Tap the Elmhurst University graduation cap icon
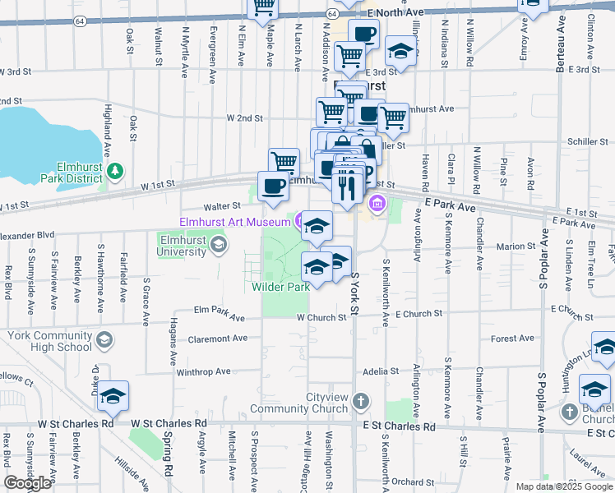(x=218, y=243)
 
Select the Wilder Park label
(x=280, y=286)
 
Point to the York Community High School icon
(x=104, y=339)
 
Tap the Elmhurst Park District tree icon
(x=116, y=170)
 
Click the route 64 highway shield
(x=331, y=14)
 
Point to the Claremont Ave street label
(x=218, y=338)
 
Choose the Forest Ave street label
(x=512, y=339)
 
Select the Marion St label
(x=516, y=246)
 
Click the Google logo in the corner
(x=27, y=483)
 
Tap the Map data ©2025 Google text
(x=563, y=486)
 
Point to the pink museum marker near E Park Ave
(x=377, y=203)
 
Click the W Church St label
(x=321, y=317)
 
